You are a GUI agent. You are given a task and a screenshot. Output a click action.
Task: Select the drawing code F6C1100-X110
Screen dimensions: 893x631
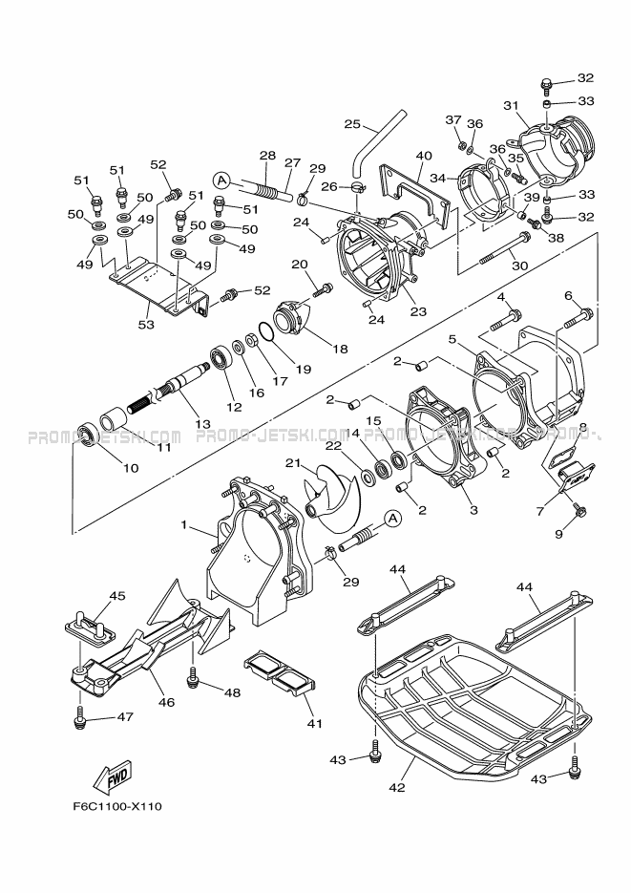tap(116, 806)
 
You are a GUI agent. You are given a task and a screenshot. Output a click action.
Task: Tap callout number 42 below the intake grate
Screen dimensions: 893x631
tap(398, 788)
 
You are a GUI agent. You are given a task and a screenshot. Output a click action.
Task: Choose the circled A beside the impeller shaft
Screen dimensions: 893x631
tap(391, 519)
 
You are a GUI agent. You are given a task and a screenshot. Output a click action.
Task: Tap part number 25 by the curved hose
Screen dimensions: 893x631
tap(351, 123)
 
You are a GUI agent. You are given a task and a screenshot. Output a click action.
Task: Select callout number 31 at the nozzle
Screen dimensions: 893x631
tap(510, 106)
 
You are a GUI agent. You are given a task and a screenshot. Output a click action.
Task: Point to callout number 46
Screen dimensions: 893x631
tap(166, 702)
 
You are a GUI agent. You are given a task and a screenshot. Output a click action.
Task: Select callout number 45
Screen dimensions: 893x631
tap(116, 597)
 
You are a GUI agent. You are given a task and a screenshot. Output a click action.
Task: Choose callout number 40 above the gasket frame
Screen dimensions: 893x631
tap(424, 156)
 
